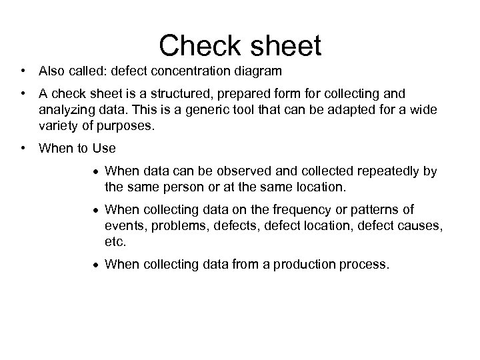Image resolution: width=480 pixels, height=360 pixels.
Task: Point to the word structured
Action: coord(163,93)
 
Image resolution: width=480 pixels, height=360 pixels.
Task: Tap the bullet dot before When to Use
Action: coord(23,147)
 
